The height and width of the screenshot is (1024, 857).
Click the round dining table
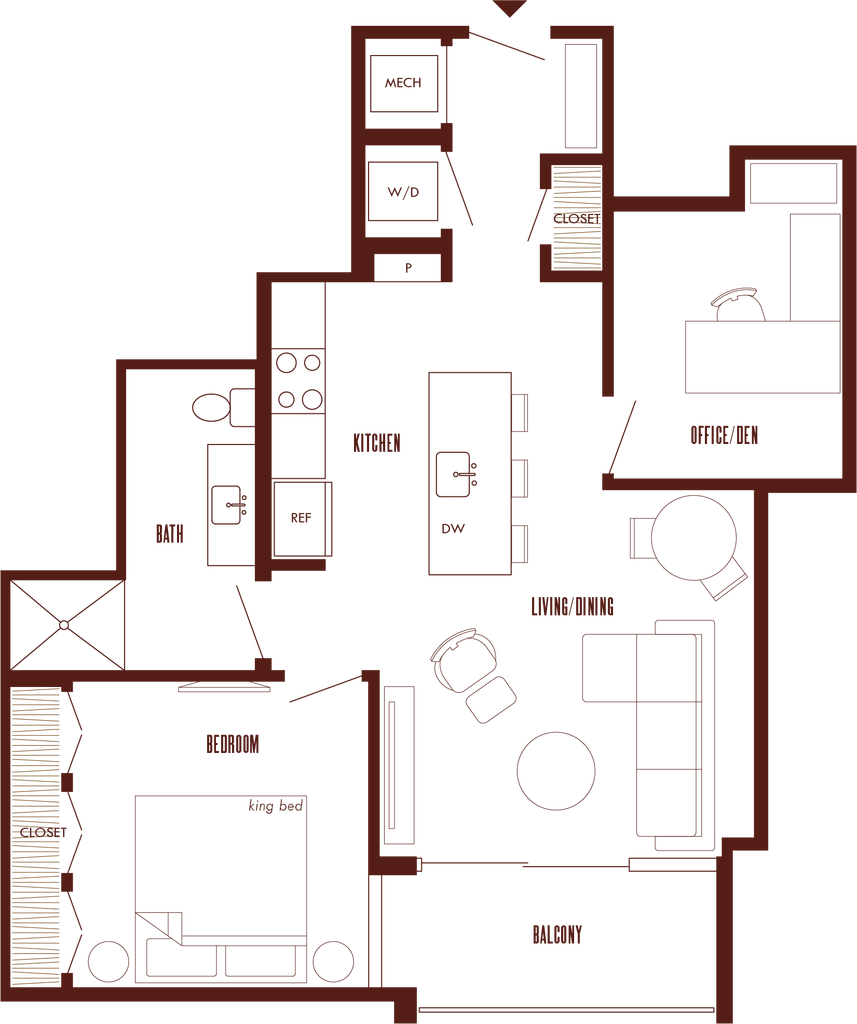coord(694,537)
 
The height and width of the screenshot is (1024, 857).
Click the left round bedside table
coord(108,962)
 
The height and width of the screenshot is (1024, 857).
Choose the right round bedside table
coord(332,962)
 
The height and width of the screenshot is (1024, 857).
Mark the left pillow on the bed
coord(181,962)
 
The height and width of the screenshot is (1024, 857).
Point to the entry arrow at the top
coord(510,9)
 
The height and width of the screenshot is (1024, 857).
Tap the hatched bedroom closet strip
coord(37,835)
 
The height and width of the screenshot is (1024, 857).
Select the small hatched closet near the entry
coord(577,217)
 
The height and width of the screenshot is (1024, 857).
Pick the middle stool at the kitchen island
coord(521,478)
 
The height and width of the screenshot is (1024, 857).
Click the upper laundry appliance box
coord(404,83)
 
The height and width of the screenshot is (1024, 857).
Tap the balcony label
coord(556,936)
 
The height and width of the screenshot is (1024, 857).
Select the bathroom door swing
coord(250,620)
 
